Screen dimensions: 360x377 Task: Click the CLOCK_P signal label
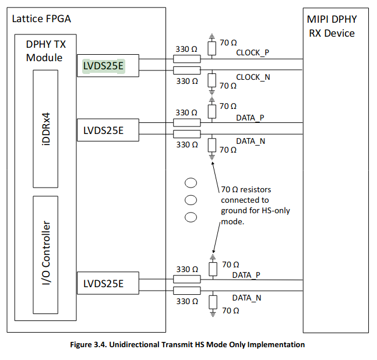tap(252, 52)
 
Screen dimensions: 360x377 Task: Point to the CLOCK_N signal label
tap(252, 77)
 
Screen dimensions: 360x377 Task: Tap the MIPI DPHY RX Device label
tap(332, 26)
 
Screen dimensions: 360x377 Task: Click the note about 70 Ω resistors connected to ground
tap(254, 205)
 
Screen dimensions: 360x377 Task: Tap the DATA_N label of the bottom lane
tap(246, 298)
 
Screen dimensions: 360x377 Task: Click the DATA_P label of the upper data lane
tap(250, 118)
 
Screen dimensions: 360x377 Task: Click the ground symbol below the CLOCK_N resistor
tap(212, 91)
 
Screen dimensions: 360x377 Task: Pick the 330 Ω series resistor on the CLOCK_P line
tap(186, 59)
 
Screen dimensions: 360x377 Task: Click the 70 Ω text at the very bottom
tap(230, 311)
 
